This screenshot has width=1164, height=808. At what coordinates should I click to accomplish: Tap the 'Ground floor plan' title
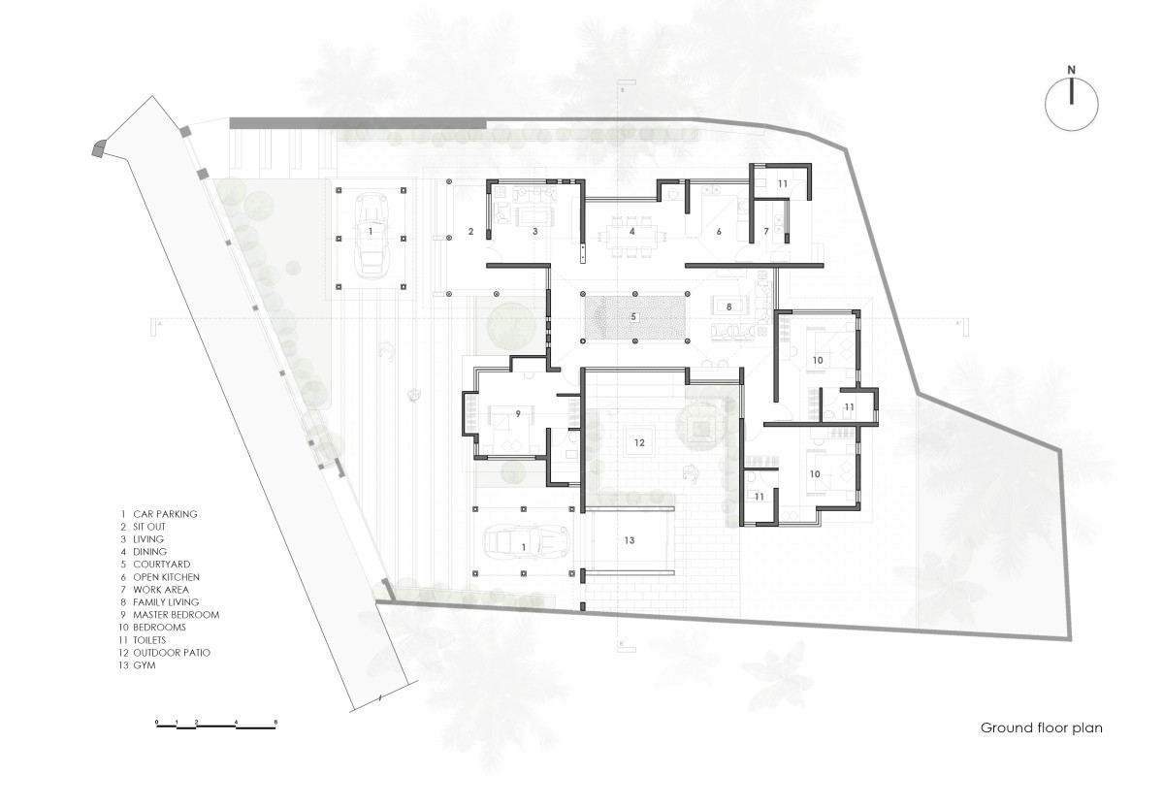pos(1042,728)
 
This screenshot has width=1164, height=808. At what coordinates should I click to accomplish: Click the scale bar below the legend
pos(215,725)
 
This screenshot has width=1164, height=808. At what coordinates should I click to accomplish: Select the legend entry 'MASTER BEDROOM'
pos(177,615)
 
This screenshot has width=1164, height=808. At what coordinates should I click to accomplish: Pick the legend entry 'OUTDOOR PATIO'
pos(172,653)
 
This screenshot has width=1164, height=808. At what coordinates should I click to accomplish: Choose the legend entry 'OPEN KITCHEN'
pos(166,577)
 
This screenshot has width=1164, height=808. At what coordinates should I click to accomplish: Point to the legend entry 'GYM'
pos(144,665)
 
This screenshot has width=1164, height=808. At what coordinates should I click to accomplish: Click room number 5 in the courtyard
pos(633,316)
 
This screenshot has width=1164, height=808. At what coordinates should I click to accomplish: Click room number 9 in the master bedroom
pos(518,413)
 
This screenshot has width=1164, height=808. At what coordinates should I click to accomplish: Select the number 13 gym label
pos(630,540)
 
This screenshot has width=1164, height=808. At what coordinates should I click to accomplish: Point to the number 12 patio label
pos(639,442)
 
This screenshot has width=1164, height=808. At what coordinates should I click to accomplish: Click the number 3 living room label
pos(535,232)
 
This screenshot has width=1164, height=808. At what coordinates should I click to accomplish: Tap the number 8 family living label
pos(728,307)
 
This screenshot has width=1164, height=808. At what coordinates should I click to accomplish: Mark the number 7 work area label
pos(766,232)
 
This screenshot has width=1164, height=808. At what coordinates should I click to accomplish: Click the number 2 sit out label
pos(470,232)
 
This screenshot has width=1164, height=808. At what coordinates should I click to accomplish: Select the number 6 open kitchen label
pos(719,232)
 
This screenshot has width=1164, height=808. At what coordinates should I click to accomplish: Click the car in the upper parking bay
pos(371,235)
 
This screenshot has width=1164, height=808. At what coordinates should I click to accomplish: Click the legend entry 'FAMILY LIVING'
pos(166,602)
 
